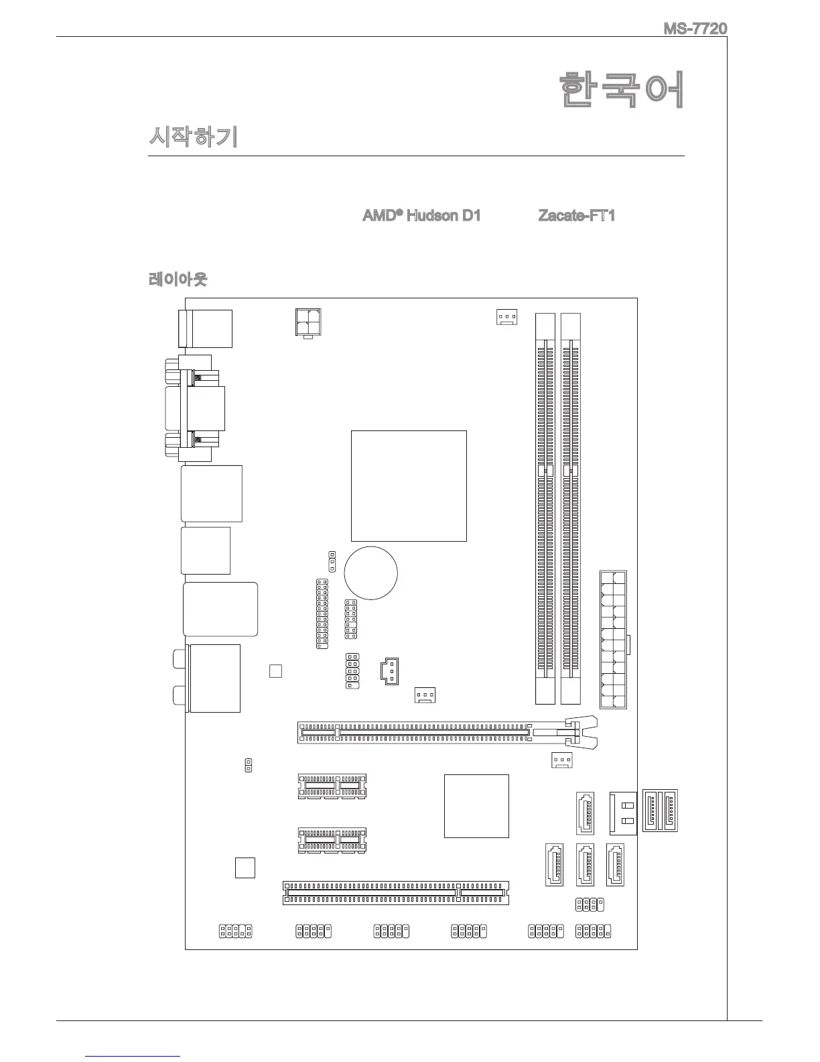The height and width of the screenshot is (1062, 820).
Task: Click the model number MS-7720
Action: [695, 29]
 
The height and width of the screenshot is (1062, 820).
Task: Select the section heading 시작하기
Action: [192, 138]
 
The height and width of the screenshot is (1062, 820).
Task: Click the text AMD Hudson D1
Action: [421, 216]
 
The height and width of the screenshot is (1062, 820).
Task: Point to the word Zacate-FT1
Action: [576, 216]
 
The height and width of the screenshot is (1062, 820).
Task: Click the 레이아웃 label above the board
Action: [178, 279]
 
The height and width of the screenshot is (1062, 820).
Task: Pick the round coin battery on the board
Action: [371, 573]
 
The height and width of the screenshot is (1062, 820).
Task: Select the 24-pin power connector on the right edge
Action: [613, 640]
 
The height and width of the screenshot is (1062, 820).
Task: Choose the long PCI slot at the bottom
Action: [395, 892]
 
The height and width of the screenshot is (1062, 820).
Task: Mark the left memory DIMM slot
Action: [545, 508]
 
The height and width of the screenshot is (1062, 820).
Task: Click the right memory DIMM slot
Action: [570, 508]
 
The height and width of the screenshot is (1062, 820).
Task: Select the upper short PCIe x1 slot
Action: [332, 786]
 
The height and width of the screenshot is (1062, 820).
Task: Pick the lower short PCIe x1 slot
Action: [332, 840]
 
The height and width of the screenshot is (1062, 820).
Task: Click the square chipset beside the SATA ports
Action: [476, 806]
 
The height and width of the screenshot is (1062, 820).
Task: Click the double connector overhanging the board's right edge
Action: [660, 811]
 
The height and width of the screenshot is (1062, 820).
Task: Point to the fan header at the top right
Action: [506, 316]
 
